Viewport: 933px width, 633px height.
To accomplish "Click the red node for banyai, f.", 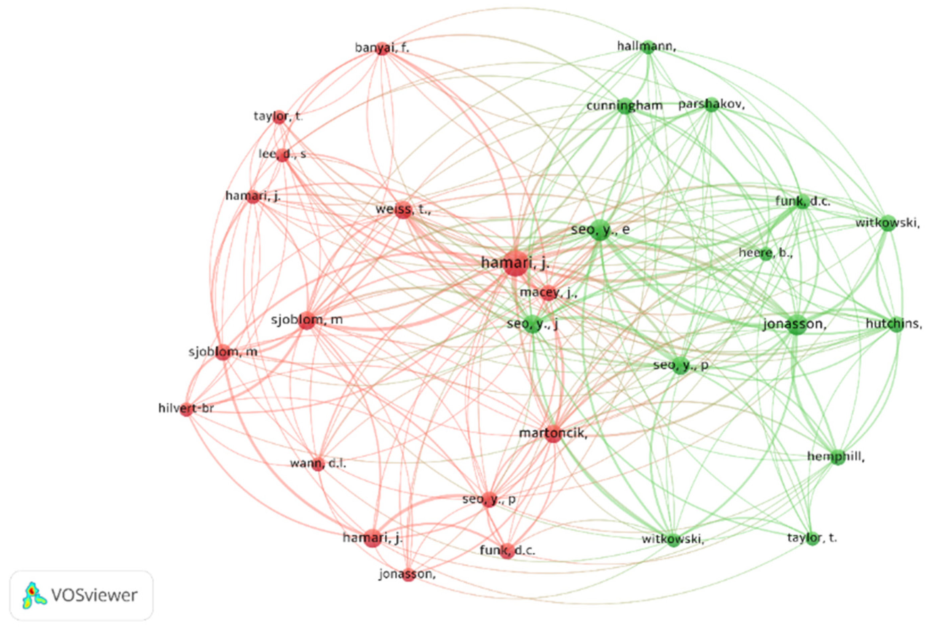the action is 382,49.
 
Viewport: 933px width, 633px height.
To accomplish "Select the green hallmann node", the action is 647,47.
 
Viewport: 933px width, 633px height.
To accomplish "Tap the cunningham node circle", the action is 625,106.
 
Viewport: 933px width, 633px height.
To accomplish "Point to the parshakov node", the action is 711,105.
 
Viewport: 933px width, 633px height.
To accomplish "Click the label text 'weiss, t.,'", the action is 403,210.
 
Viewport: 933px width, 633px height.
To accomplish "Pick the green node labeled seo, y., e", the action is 600,230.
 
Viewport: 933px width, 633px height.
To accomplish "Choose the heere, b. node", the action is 766,254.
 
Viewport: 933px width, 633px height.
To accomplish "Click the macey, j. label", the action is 548,293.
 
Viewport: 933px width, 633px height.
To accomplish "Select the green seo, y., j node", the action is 533,323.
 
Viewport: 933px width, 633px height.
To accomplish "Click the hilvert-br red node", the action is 186,409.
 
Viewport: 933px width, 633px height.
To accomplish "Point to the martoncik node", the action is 553,434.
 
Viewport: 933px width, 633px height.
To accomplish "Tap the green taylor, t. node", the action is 812,538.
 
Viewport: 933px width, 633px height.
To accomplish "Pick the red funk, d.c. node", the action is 507,551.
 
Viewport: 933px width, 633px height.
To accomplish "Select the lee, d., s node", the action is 284,155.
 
